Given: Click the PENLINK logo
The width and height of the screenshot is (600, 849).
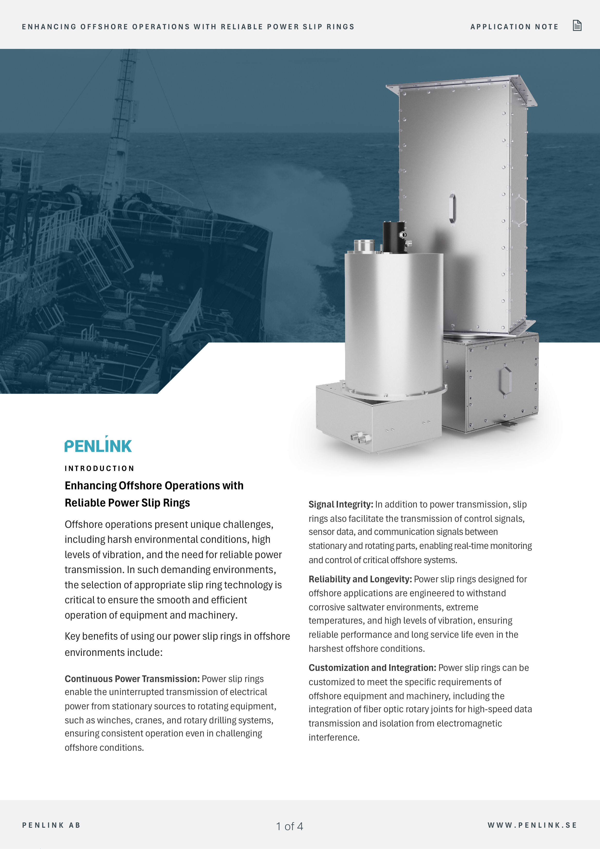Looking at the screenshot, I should point(98,445).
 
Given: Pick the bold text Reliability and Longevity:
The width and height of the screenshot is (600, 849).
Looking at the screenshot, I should point(360,579).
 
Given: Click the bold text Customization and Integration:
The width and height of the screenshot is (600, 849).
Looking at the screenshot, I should point(372,668).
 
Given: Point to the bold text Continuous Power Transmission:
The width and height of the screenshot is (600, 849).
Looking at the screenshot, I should point(132,679).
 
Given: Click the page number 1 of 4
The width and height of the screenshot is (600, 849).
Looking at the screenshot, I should point(289,826).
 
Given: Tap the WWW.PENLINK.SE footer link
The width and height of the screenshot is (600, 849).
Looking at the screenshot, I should point(532,825).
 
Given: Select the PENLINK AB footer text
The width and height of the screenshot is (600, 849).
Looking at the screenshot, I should point(51,825).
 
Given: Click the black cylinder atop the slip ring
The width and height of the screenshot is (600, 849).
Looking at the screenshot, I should point(393,237).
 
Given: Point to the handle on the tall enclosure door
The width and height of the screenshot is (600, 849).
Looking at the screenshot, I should point(452,207).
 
